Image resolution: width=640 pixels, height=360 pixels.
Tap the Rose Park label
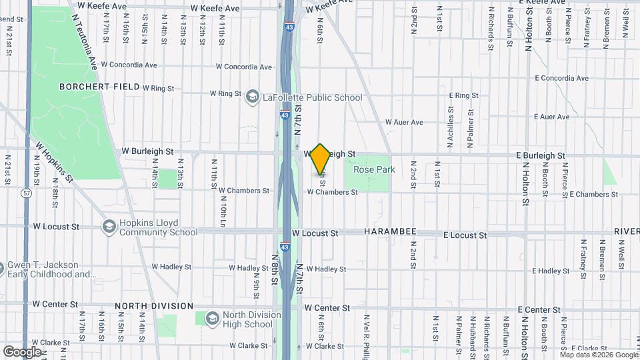374,170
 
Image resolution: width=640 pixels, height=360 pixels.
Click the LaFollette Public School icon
252,97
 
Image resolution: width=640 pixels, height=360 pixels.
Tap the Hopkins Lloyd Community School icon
107,227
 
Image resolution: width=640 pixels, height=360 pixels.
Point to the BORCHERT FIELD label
99,87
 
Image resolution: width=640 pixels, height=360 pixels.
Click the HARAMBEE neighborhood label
390,231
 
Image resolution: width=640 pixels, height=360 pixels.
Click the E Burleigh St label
540,155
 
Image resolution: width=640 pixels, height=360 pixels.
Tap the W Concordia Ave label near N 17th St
129,65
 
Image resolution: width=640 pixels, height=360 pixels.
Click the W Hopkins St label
55,161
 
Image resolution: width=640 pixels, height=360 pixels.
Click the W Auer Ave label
404,123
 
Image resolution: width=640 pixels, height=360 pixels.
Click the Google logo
22,351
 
